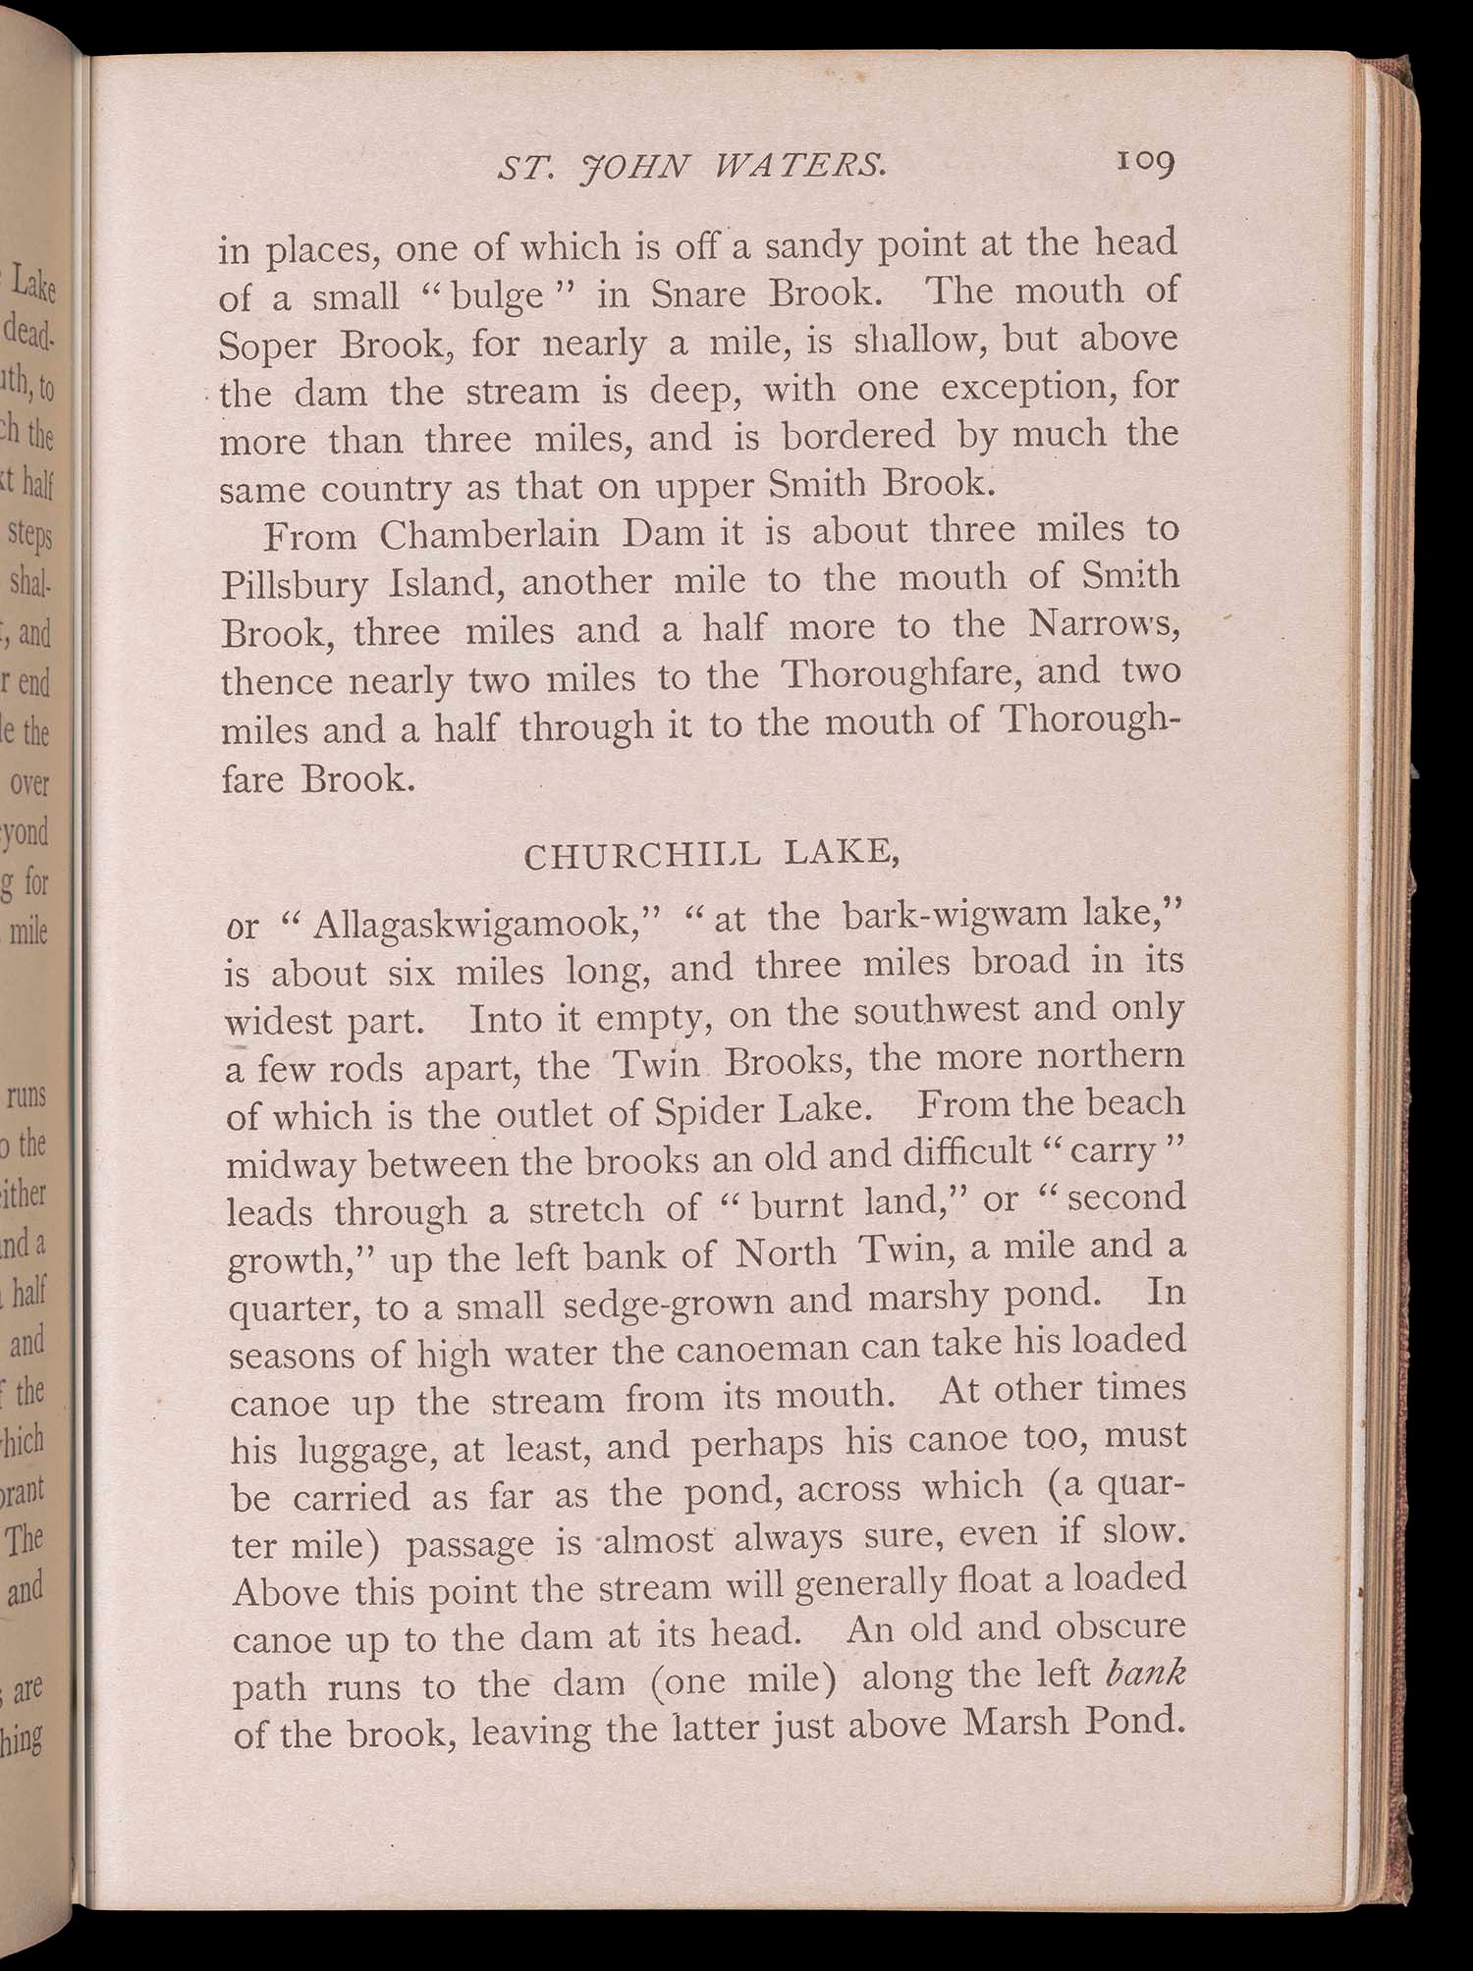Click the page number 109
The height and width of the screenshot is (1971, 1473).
1145,165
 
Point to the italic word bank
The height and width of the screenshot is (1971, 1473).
1146,1672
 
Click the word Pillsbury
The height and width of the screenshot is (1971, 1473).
296,585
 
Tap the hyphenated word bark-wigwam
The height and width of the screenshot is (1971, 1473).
959,915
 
